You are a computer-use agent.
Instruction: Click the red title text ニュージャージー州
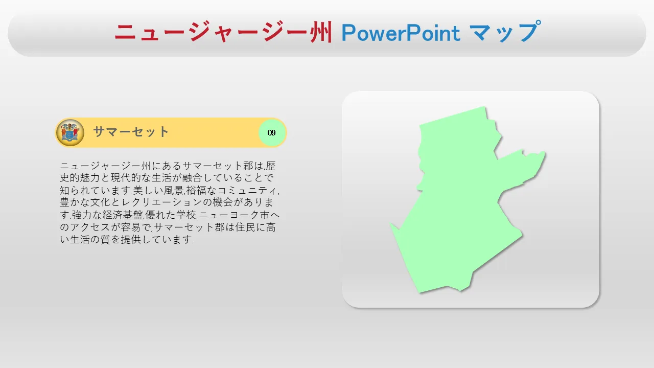[x=223, y=32]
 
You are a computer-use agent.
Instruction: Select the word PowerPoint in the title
[x=401, y=33]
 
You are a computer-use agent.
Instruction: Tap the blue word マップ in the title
[x=506, y=32]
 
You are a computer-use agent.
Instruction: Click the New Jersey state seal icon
[x=70, y=132]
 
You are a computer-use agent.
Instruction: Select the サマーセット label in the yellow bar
[x=131, y=132]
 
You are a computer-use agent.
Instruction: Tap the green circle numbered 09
[x=272, y=133]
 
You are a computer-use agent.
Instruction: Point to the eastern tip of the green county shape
[x=545, y=152]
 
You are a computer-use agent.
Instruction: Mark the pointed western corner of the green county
[x=390, y=224]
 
